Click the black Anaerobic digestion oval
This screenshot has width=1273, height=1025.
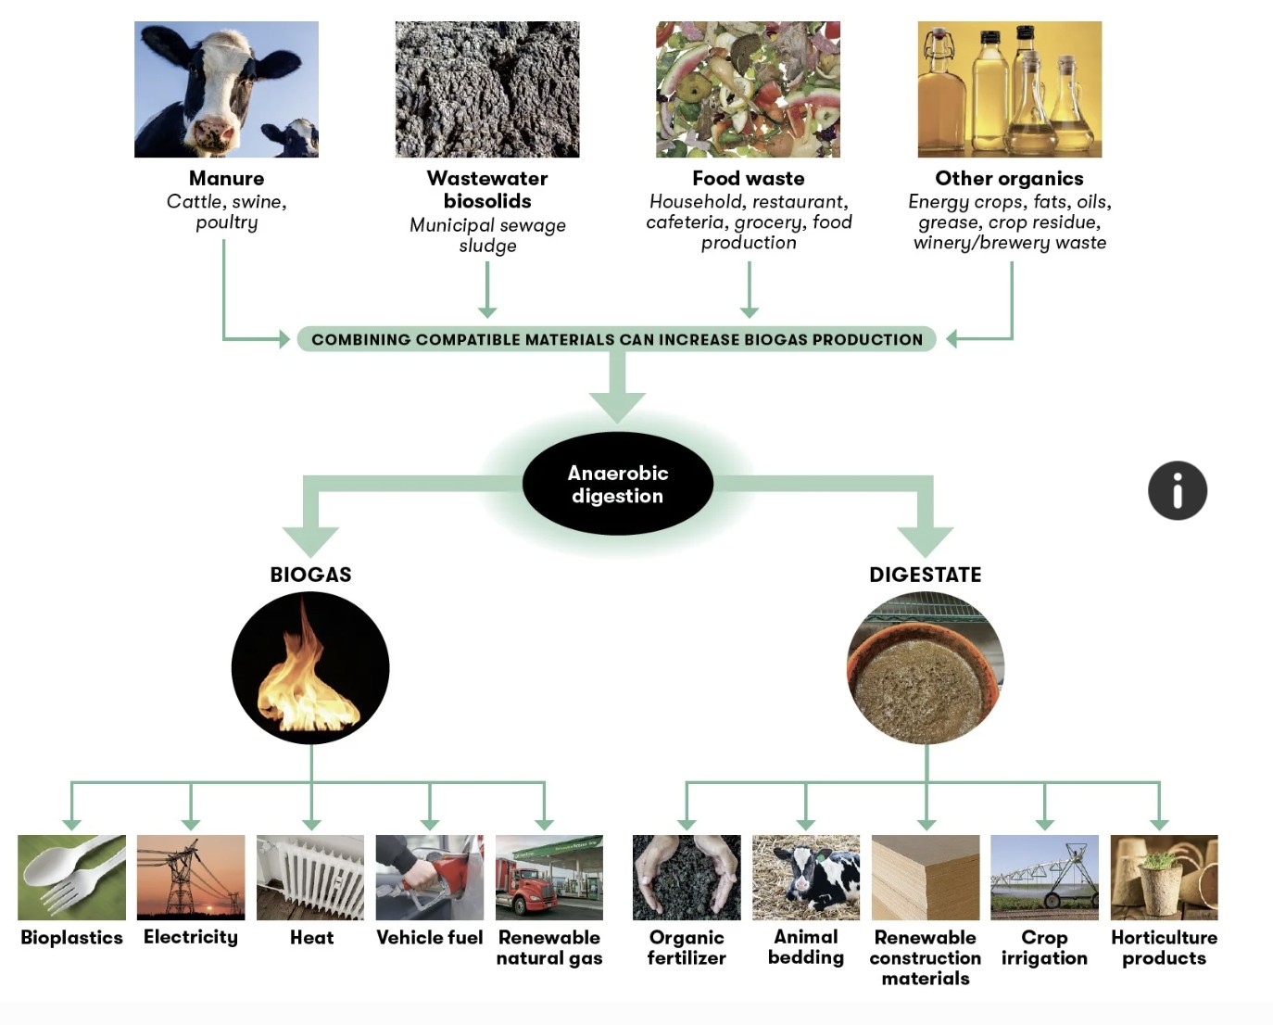coord(618,484)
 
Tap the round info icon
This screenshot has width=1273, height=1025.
coord(1178,490)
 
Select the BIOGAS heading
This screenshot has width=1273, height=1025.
coord(310,574)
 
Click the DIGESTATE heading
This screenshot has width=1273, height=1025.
coord(926,574)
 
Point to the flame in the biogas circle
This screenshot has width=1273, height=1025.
coord(307,675)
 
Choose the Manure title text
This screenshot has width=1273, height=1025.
coord(227,178)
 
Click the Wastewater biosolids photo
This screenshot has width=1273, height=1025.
coord(487,89)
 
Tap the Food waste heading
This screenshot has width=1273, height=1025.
coord(749,178)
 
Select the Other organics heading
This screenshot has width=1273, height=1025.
coord(1009,178)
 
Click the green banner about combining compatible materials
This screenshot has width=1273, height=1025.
coord(616,339)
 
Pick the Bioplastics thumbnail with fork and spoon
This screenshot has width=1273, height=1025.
coord(71,877)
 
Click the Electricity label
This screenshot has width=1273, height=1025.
coord(191,937)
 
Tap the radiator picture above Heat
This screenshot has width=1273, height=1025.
coord(310,877)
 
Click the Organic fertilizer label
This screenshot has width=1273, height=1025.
coord(687,947)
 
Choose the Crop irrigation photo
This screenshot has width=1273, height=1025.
coord(1044,877)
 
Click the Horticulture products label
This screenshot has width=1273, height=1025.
coord(1165,947)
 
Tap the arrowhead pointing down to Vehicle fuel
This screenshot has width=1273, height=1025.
coord(430,825)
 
